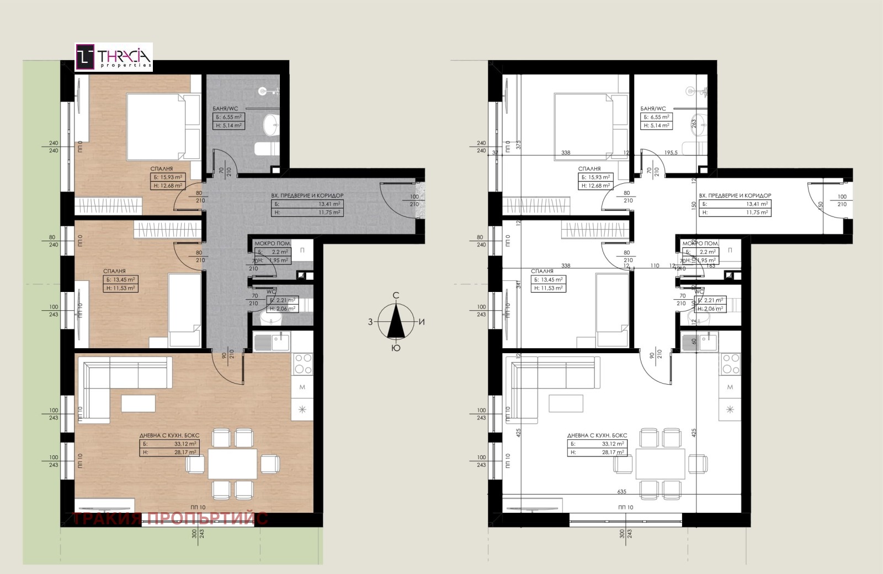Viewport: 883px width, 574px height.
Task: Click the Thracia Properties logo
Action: pos(114,57)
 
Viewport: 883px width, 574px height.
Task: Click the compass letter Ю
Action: pos(396,348)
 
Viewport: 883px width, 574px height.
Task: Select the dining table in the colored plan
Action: pos(232,464)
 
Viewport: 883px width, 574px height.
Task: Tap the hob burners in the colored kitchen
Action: pos(302,364)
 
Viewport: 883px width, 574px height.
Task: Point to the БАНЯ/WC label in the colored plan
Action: pos(226,109)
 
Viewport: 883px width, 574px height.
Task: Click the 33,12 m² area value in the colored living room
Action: pos(185,444)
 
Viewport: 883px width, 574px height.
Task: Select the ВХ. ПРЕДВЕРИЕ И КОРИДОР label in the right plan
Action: pos(735,195)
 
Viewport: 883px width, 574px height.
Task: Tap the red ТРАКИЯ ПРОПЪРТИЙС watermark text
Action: pos(170,519)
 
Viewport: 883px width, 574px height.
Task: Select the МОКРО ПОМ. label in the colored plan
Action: pos(273,243)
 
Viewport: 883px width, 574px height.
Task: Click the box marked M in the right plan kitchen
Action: pos(730,387)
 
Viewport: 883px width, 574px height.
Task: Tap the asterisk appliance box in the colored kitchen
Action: pos(302,410)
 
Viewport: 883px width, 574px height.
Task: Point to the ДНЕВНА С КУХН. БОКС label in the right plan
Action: pos(597,435)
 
